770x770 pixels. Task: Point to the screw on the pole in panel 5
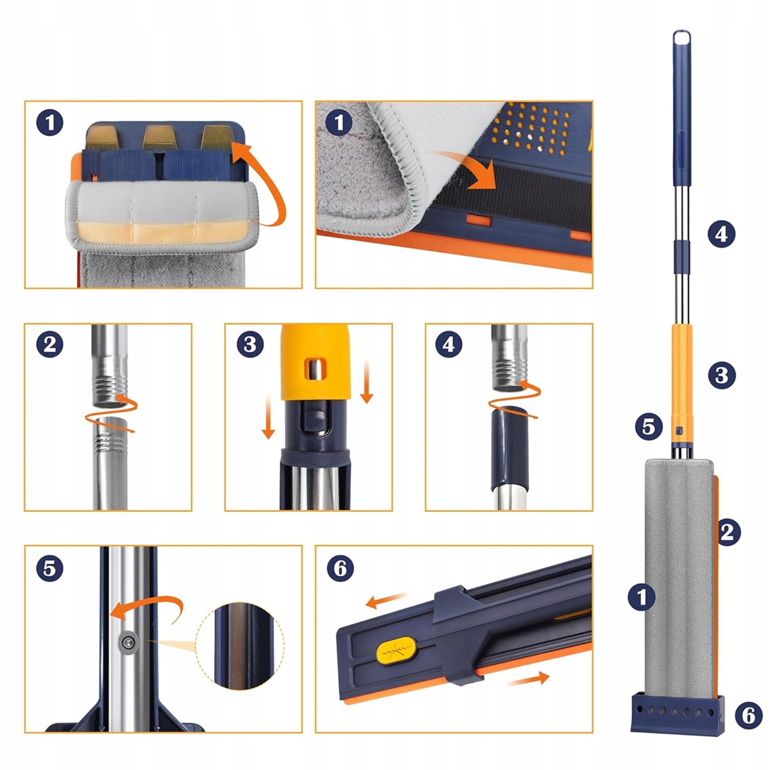pos(128,642)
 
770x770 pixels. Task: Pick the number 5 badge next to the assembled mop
pos(649,426)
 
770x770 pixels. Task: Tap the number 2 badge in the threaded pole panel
pos(49,344)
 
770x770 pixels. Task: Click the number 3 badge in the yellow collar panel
pos(250,344)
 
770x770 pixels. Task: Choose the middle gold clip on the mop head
pos(160,137)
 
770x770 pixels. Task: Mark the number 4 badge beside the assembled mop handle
pos(722,234)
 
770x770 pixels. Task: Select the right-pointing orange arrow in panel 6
pos(528,678)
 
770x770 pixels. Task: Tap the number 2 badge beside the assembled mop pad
pos(727,532)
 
